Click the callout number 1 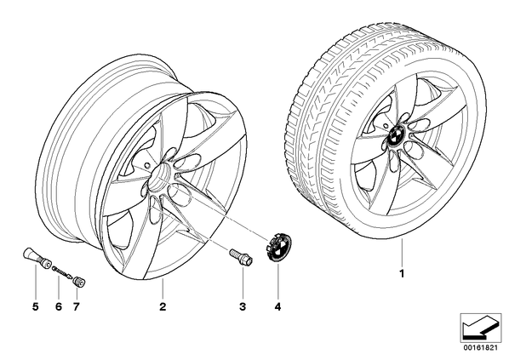[x=402, y=274]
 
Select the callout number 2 [x=163, y=306]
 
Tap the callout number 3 [x=243, y=306]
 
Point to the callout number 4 [x=277, y=306]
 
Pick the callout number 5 [x=36, y=306]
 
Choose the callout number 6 [x=59, y=306]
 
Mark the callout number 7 [x=76, y=306]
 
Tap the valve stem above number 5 [x=37, y=258]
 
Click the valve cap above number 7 [x=78, y=281]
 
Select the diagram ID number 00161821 [x=480, y=348]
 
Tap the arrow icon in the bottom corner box [x=480, y=328]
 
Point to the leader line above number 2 [x=163, y=289]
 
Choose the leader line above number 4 [x=277, y=281]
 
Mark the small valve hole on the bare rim [x=146, y=165]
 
